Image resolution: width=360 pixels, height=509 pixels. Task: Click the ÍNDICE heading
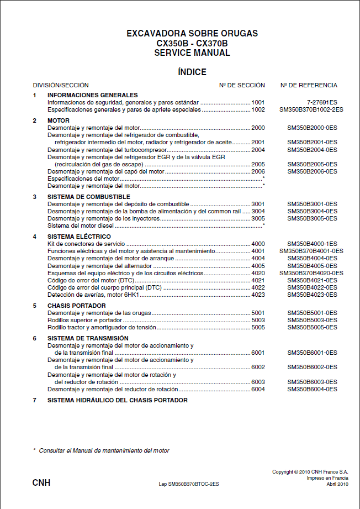[x=192, y=72]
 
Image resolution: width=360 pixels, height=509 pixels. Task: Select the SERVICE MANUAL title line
[x=192, y=53]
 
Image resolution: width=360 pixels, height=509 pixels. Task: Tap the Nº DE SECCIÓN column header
[x=242, y=85]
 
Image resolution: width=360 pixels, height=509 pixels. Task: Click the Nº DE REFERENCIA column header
[x=309, y=85]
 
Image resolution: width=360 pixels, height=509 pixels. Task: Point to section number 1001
[x=258, y=102]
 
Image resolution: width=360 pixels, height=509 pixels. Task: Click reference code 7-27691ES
[x=322, y=102]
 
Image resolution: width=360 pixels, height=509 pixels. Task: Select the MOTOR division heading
[x=59, y=120]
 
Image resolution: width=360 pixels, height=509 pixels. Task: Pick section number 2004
[x=258, y=150]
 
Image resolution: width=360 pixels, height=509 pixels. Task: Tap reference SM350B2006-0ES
[x=312, y=171]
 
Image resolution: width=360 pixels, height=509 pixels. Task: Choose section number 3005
[x=258, y=218]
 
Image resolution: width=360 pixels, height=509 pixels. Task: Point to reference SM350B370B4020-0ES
[x=311, y=273]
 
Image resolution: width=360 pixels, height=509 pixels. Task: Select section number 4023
[x=258, y=295]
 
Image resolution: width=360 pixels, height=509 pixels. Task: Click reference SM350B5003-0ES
[x=312, y=320]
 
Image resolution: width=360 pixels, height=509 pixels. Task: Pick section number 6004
[x=258, y=389]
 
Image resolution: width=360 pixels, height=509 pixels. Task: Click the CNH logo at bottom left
[x=41, y=483]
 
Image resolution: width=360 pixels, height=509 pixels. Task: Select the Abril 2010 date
[x=337, y=484]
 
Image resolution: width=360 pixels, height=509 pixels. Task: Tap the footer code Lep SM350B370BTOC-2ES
[x=189, y=484]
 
